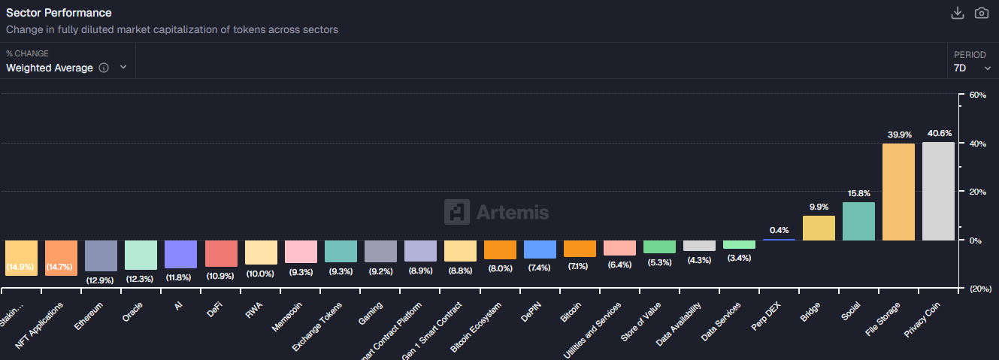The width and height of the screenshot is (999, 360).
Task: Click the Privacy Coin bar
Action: [x=938, y=191]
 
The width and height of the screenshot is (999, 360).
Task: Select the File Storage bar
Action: [x=898, y=192]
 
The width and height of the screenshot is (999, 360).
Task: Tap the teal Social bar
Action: [x=858, y=221]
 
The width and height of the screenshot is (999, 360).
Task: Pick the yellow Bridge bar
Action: [x=819, y=228]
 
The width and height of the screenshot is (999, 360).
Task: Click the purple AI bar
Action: [x=180, y=254]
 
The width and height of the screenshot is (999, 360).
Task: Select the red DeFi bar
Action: [x=220, y=253]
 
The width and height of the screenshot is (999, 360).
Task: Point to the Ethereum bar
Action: [x=101, y=256]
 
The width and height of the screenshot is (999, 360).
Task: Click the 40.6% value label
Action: [x=939, y=134]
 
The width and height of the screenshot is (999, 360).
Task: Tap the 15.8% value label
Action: [x=858, y=194]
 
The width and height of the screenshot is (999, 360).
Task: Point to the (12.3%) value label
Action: [x=141, y=278]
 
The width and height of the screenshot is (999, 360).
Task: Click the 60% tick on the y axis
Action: [x=977, y=95]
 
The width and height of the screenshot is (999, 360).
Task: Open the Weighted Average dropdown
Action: [x=66, y=68]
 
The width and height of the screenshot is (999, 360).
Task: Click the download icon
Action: [x=957, y=13]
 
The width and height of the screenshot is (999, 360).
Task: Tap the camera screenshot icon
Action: [x=981, y=13]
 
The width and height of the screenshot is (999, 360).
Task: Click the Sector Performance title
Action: [x=59, y=13]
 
